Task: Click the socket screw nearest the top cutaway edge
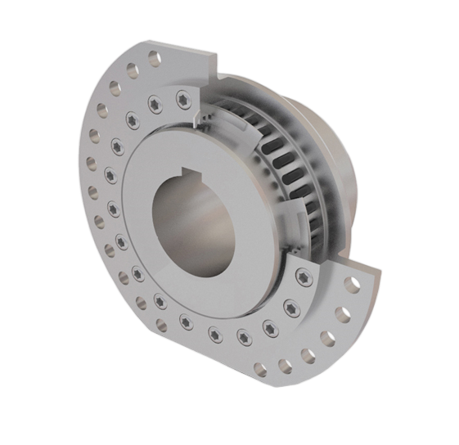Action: pos(182,98)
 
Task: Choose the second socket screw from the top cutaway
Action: pos(155,105)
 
